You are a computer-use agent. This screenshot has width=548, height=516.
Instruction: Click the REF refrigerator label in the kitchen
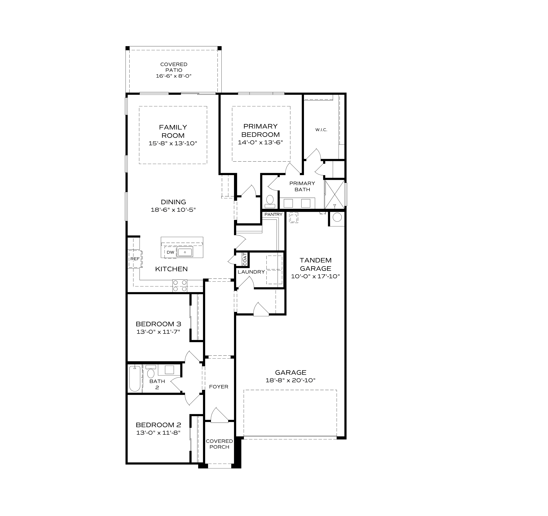point(135,259)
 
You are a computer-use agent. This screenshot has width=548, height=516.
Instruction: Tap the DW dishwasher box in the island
point(170,252)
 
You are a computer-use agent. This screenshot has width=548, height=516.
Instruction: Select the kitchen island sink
point(185,252)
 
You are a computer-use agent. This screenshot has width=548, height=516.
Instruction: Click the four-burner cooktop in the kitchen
point(180,286)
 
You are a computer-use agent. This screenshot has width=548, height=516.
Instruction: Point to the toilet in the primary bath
point(270,201)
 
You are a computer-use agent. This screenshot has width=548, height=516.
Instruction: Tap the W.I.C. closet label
point(321,130)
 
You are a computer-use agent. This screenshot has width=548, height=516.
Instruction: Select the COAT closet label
point(245,259)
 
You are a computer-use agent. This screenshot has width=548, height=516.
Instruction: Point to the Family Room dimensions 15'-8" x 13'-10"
point(173,144)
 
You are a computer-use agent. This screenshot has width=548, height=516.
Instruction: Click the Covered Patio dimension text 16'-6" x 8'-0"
point(174,76)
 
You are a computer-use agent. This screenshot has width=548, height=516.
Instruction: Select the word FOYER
point(219,387)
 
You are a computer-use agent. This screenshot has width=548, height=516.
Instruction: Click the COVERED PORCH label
point(219,444)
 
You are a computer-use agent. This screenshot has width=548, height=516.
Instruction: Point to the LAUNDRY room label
point(251,272)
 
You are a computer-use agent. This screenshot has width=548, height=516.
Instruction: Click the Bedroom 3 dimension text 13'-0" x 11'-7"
point(158,332)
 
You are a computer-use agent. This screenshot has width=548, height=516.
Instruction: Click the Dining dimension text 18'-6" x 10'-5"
point(173,210)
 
